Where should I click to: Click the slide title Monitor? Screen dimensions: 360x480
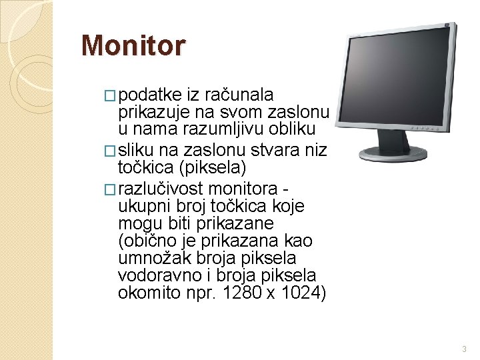click(133, 46)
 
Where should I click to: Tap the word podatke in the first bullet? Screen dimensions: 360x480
click(146, 95)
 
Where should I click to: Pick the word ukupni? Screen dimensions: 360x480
click(140, 206)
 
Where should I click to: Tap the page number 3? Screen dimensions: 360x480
click(464, 349)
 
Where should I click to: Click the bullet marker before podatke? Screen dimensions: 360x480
click(111, 96)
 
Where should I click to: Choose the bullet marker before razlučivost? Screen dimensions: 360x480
click(111, 189)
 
